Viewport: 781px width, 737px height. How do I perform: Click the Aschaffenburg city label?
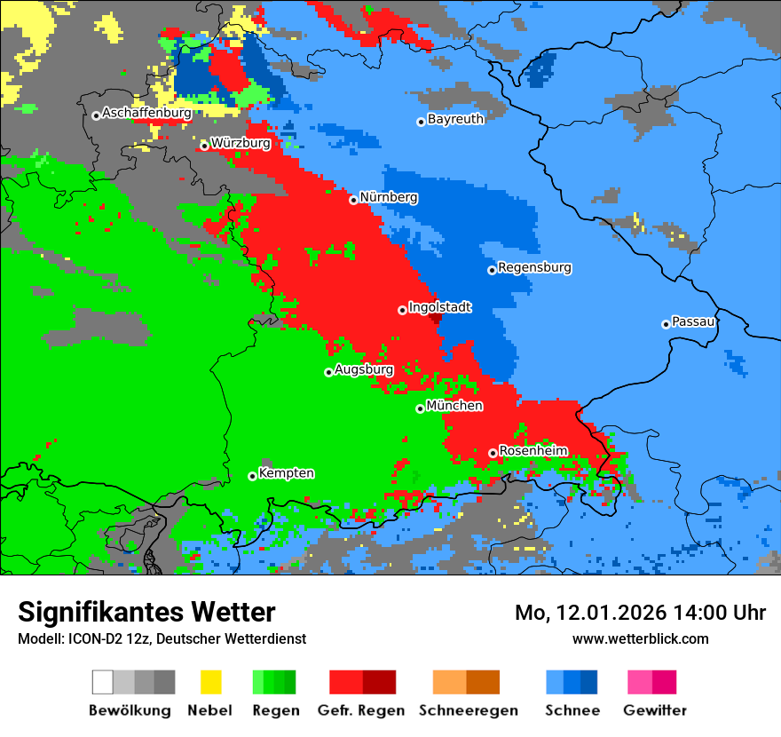[146, 114]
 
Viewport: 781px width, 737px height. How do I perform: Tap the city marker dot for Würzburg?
[204, 146]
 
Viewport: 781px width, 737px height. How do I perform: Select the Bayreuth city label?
[455, 119]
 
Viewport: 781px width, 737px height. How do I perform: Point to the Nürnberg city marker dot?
[353, 200]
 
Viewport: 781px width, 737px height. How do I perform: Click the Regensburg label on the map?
[534, 267]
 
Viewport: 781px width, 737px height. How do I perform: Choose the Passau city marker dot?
[666, 324]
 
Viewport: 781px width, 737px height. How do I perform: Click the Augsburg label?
[364, 369]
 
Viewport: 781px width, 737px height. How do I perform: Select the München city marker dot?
[420, 408]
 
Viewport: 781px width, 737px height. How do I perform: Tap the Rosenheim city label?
[532, 451]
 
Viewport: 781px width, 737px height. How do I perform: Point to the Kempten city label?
[286, 473]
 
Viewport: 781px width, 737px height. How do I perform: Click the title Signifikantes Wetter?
[146, 612]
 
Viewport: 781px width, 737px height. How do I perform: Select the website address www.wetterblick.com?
[640, 638]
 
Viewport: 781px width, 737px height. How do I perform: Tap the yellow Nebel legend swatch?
[210, 682]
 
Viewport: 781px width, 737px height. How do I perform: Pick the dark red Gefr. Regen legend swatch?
[380, 682]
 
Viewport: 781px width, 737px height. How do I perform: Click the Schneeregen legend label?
[468, 710]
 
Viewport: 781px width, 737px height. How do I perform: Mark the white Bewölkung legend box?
[103, 682]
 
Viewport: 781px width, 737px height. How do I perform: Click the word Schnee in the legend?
[572, 710]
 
